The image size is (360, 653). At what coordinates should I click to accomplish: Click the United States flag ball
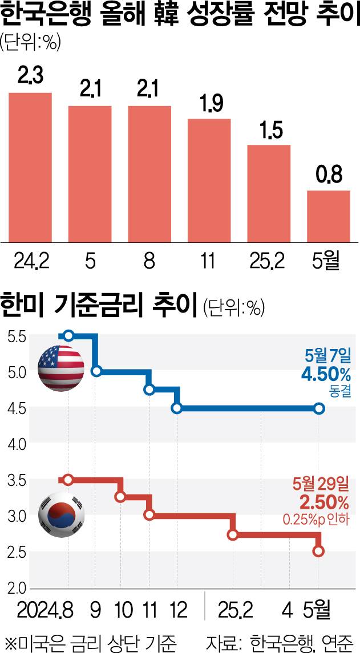(x=60, y=368)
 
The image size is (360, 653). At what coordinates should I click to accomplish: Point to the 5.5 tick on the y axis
(x=15, y=337)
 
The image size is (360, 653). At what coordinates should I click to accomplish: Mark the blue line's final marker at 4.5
(x=319, y=408)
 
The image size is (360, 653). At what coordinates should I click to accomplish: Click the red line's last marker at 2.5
(x=319, y=551)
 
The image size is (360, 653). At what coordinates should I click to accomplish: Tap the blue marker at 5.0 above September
(x=96, y=371)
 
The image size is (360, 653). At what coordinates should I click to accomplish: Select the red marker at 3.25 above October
(x=120, y=497)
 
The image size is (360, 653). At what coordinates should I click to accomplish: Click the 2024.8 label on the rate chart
(x=45, y=611)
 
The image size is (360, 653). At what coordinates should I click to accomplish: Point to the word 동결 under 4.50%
(x=339, y=392)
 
